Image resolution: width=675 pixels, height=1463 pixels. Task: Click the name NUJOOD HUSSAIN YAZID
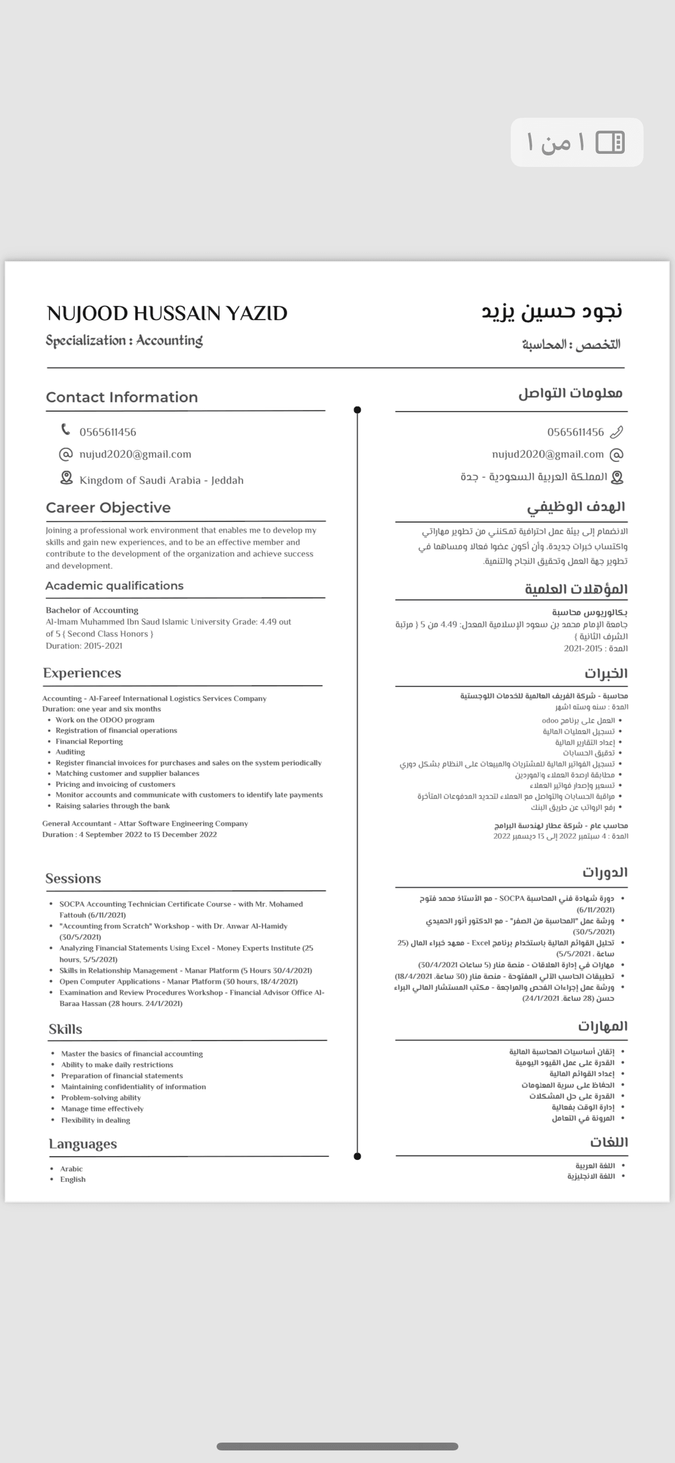tap(167, 313)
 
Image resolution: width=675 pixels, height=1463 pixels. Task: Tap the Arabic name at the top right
tap(552, 311)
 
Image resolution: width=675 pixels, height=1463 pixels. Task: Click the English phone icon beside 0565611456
tap(66, 430)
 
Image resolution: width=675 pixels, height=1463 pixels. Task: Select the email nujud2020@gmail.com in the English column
tap(135, 454)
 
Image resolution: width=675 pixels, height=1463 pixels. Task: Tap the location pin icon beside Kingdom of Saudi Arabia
tap(66, 478)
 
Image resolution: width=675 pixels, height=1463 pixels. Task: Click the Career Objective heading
tap(108, 508)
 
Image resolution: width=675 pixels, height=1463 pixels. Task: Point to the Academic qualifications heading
tap(114, 586)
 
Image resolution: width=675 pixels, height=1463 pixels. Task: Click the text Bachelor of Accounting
tap(92, 610)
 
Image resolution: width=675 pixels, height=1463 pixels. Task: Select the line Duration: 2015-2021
tap(84, 646)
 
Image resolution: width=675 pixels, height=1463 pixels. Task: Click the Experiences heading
tap(82, 673)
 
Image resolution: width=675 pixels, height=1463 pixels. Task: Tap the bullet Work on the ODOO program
tap(105, 719)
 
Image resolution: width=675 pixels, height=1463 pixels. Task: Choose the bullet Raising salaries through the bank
tap(113, 806)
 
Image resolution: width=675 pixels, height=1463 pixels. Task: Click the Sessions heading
tap(73, 879)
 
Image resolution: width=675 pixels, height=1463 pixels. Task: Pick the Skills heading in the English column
tap(65, 1029)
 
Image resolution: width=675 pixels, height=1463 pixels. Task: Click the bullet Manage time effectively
tap(102, 1109)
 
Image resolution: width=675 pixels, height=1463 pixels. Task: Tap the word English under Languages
tap(73, 1179)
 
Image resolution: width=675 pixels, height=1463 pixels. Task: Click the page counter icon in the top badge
tap(610, 142)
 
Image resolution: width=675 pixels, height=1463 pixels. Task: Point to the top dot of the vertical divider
tap(357, 410)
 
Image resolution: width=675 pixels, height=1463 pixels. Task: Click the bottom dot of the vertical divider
tap(357, 1156)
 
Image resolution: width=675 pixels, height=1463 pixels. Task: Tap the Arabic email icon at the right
tap(616, 454)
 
